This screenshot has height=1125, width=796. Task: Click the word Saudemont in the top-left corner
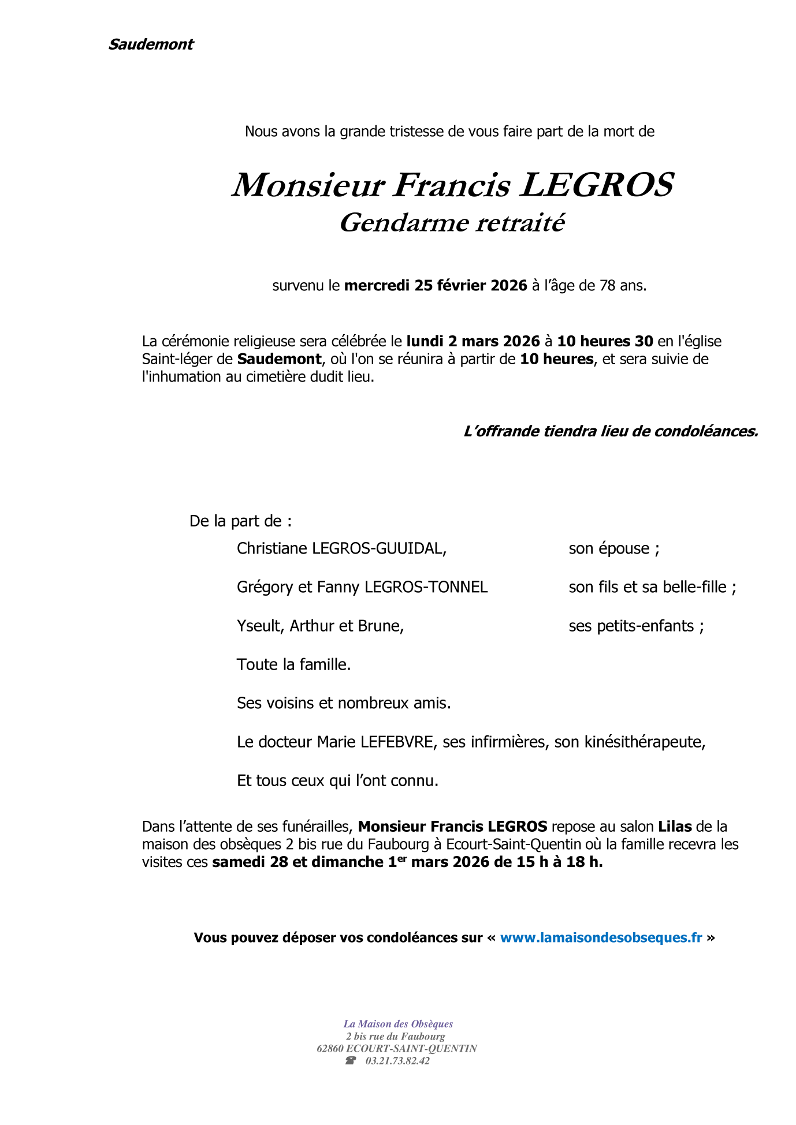pyautogui.click(x=151, y=44)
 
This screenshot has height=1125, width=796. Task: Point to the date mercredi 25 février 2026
pyautogui.click(x=436, y=285)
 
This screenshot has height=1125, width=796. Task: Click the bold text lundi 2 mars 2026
pyautogui.click(x=473, y=341)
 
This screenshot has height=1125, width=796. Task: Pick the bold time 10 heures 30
pyautogui.click(x=605, y=341)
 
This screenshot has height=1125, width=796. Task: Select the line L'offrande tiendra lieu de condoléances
pyautogui.click(x=611, y=431)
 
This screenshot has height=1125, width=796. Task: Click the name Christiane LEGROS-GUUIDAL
pyautogui.click(x=341, y=548)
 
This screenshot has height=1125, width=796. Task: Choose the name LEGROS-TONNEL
pyautogui.click(x=426, y=587)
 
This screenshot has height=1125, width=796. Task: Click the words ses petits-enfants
pyautogui.click(x=632, y=626)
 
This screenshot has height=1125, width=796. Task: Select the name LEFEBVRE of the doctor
pyautogui.click(x=396, y=742)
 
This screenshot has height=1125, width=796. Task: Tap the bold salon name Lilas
pyautogui.click(x=675, y=827)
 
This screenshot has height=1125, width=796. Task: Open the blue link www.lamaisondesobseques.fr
pyautogui.click(x=601, y=938)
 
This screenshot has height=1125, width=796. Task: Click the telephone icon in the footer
pyautogui.click(x=350, y=1061)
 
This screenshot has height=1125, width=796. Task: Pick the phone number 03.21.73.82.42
pyautogui.click(x=397, y=1061)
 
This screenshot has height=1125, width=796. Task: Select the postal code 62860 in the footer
pyautogui.click(x=330, y=1049)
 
